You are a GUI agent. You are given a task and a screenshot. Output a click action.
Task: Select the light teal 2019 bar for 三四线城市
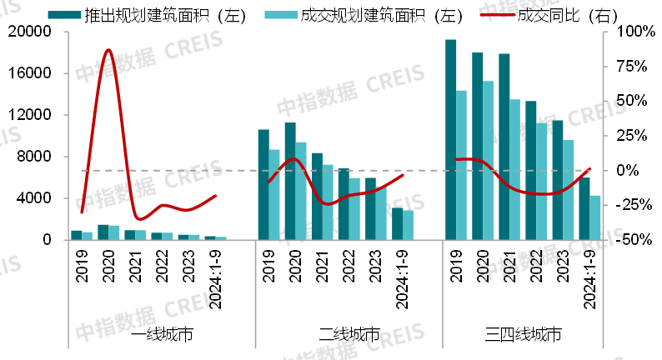coord(461,165)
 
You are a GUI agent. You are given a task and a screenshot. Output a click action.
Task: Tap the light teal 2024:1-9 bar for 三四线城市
coord(595,218)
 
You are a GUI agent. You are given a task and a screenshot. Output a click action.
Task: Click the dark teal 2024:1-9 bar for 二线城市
coord(397,224)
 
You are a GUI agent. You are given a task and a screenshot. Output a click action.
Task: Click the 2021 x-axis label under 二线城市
coord(318,267)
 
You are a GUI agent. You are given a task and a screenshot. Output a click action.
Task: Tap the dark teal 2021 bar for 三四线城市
coord(504,147)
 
